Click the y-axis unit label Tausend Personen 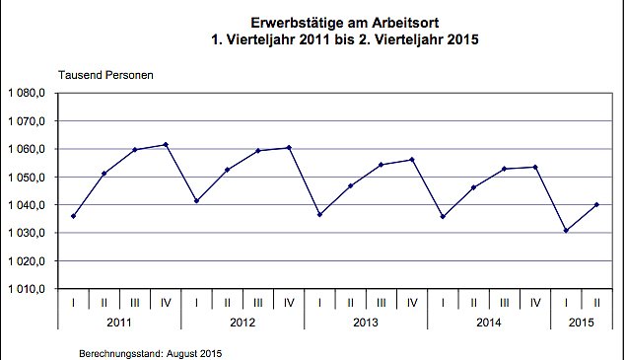105,75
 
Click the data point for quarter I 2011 74,216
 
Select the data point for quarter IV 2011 166,145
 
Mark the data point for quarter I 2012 197,201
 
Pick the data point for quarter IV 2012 289,148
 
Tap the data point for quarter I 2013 319,215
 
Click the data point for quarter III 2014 504,169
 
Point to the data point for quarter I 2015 566,231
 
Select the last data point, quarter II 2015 596,204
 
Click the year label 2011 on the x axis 119,323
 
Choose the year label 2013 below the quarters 366,323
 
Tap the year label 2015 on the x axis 582,323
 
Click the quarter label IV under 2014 535,302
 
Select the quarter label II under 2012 228,302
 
